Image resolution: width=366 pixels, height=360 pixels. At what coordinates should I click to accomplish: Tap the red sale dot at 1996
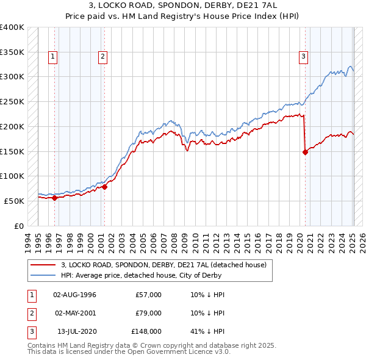(54, 197)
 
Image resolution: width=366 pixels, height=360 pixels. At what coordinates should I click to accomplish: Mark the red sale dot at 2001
(104, 187)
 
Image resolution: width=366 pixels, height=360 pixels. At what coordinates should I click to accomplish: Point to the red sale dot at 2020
(305, 153)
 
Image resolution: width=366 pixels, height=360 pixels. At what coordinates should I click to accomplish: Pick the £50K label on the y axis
(15, 201)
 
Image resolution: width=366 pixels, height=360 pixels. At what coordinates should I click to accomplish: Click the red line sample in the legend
(43, 265)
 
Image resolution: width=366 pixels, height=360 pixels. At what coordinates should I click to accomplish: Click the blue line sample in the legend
(43, 275)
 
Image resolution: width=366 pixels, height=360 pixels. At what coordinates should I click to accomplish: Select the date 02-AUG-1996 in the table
(74, 295)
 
